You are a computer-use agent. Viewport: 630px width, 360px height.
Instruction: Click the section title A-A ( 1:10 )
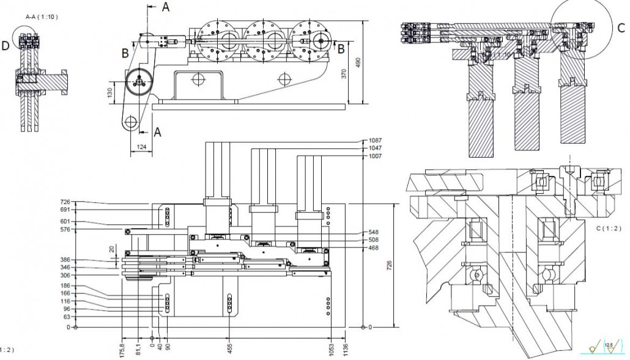42,17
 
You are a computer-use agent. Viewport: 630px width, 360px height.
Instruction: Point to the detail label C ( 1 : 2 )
607,227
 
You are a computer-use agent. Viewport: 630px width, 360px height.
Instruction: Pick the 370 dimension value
344,74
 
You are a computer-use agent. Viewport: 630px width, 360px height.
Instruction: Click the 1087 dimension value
376,141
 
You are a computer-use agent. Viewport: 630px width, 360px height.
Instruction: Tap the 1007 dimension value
376,156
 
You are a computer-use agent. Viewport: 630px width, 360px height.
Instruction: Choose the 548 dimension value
374,232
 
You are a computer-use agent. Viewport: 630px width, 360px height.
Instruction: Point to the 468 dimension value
374,248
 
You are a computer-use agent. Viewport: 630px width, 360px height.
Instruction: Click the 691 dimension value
65,209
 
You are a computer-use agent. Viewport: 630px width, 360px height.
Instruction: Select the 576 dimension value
65,229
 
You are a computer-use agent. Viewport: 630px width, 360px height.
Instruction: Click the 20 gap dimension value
112,249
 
